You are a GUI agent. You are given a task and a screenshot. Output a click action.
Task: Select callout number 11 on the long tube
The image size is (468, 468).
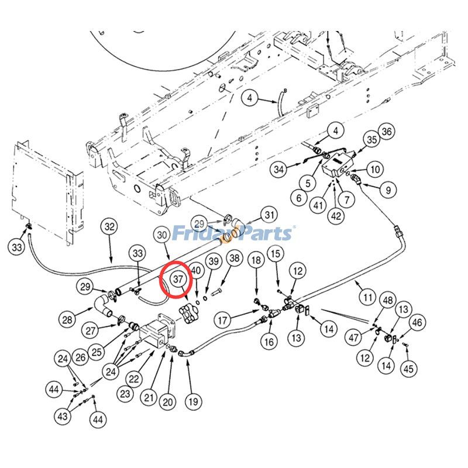pos(367,297)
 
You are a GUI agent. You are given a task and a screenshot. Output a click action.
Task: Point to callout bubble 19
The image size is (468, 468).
pos(192,401)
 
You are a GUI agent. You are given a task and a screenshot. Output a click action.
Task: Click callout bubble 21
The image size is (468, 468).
pos(149,398)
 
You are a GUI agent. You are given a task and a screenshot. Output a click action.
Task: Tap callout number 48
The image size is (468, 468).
pos(386,301)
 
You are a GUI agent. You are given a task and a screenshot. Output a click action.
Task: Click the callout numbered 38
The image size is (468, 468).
pos(234,258)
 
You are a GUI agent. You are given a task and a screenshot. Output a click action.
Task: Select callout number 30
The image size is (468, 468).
pos(163,235)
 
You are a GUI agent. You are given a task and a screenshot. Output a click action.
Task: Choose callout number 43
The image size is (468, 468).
pos(62,416)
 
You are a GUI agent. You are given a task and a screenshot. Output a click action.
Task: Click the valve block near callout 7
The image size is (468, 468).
pos(338,164)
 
